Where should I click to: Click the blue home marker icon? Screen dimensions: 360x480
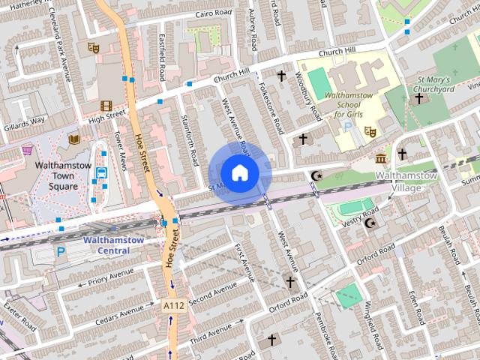tap(239, 172)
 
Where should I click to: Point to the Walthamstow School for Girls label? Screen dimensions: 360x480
tap(347, 106)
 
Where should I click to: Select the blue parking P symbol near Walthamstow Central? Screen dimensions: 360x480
tap(61, 253)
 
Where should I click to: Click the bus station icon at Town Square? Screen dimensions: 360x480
tap(101, 172)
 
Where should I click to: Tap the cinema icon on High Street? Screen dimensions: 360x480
tap(106, 106)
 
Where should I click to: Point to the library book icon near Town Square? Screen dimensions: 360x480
tap(74, 139)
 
